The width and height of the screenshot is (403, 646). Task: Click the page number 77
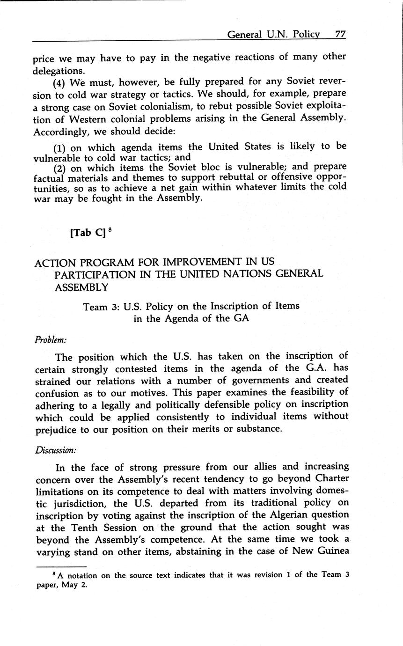(340, 34)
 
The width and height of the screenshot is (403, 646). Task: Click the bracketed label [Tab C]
(87, 233)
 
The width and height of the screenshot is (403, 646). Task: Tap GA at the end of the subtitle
(241, 319)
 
